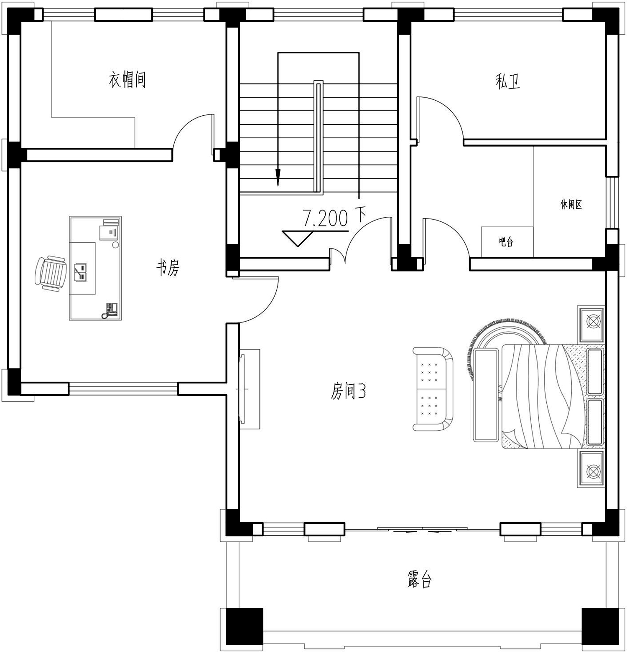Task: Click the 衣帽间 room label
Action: [127, 79]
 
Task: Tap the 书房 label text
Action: [168, 267]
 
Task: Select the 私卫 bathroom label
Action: [508, 81]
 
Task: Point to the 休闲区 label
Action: [571, 204]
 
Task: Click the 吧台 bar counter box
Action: [507, 242]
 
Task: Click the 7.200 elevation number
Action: [325, 218]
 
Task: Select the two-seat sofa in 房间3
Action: [433, 389]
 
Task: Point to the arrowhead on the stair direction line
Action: [278, 177]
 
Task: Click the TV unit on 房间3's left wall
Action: [250, 389]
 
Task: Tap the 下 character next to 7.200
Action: [360, 216]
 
